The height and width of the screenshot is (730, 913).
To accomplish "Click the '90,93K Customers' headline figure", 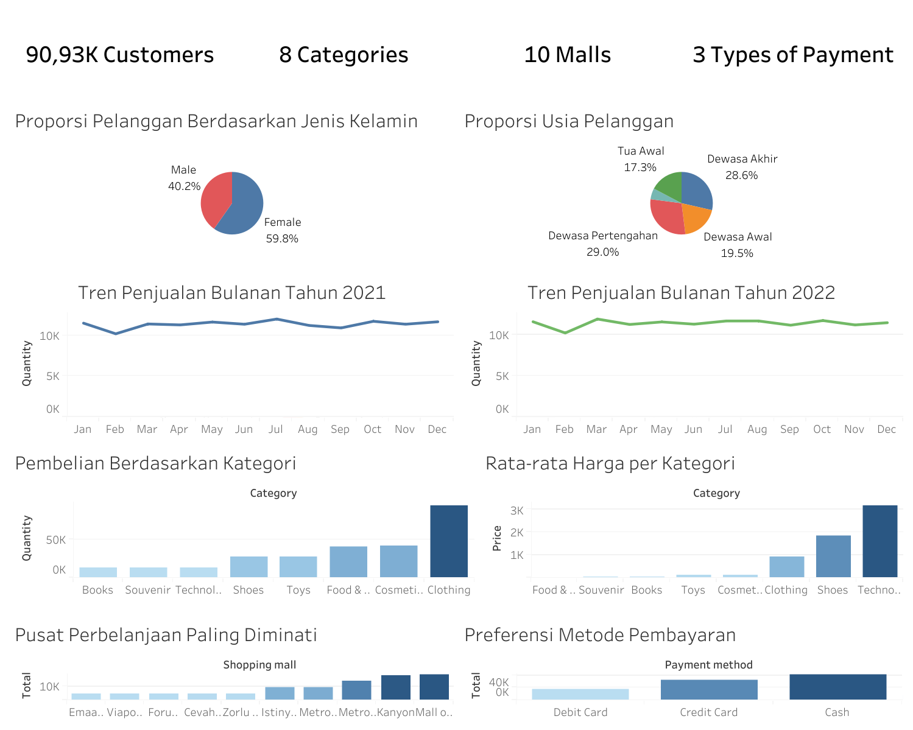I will click(x=119, y=55).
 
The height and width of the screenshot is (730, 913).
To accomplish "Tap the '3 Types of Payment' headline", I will click(x=792, y=55).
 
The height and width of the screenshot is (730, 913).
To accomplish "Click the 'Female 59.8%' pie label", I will click(x=282, y=230).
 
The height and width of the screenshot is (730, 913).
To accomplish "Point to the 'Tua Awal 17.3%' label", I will click(x=640, y=159).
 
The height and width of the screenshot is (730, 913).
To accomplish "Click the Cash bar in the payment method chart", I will click(x=837, y=687).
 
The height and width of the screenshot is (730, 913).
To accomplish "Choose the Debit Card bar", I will click(x=580, y=694).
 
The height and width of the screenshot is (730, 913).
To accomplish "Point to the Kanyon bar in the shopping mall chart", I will click(x=395, y=687).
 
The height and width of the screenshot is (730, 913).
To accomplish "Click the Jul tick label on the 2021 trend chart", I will click(x=275, y=429).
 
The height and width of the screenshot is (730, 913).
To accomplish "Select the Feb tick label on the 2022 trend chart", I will click(x=564, y=429).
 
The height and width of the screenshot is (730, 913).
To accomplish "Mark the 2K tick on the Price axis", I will click(x=516, y=532).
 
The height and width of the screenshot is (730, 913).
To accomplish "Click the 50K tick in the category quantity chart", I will click(x=55, y=540).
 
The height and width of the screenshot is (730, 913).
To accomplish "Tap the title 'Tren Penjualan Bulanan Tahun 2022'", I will click(x=680, y=293).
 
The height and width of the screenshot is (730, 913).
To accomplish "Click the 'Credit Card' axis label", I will click(x=708, y=712).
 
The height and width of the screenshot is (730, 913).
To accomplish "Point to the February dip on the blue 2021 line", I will click(x=115, y=334).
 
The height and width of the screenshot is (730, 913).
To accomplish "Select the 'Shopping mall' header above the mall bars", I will click(x=259, y=665).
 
